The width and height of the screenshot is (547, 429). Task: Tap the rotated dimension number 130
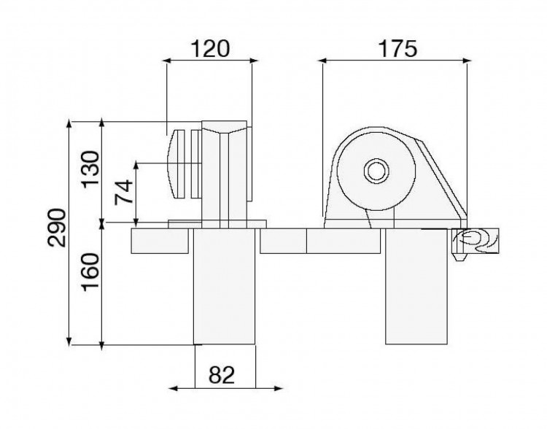point(90,169)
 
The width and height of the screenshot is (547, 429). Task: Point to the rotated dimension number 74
point(125,191)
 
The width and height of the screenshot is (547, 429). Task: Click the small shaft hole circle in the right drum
point(376,172)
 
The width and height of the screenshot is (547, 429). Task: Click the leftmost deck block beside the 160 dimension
point(160,241)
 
